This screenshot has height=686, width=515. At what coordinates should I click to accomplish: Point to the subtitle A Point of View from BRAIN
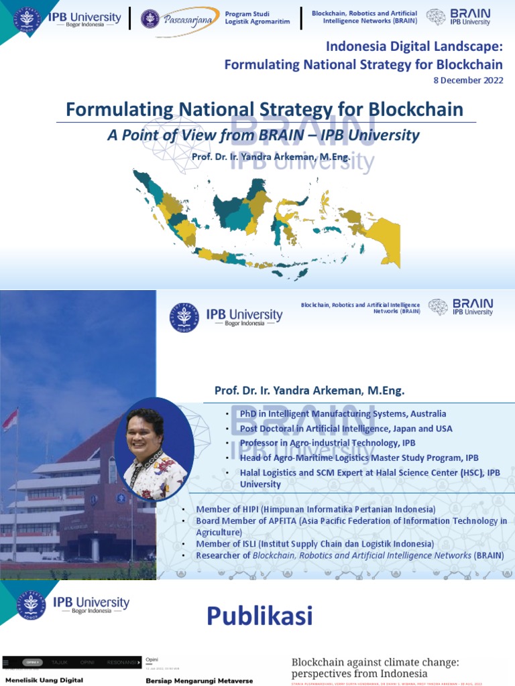point(263,135)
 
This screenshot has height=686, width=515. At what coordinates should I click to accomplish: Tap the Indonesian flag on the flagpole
point(9,420)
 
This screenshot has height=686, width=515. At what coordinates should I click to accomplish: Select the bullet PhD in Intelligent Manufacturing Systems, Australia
point(343,414)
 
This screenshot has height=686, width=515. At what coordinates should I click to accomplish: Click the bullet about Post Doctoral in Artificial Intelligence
point(346,429)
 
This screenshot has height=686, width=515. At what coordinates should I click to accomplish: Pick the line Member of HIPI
point(315,510)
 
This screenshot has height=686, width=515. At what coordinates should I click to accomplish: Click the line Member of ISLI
point(314,544)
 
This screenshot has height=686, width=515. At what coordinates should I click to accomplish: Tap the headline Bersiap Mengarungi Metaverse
point(199,681)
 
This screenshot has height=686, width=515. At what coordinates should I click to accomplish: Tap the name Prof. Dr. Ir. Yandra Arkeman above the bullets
point(309,390)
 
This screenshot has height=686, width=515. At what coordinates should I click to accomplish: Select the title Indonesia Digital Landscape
point(414,47)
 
